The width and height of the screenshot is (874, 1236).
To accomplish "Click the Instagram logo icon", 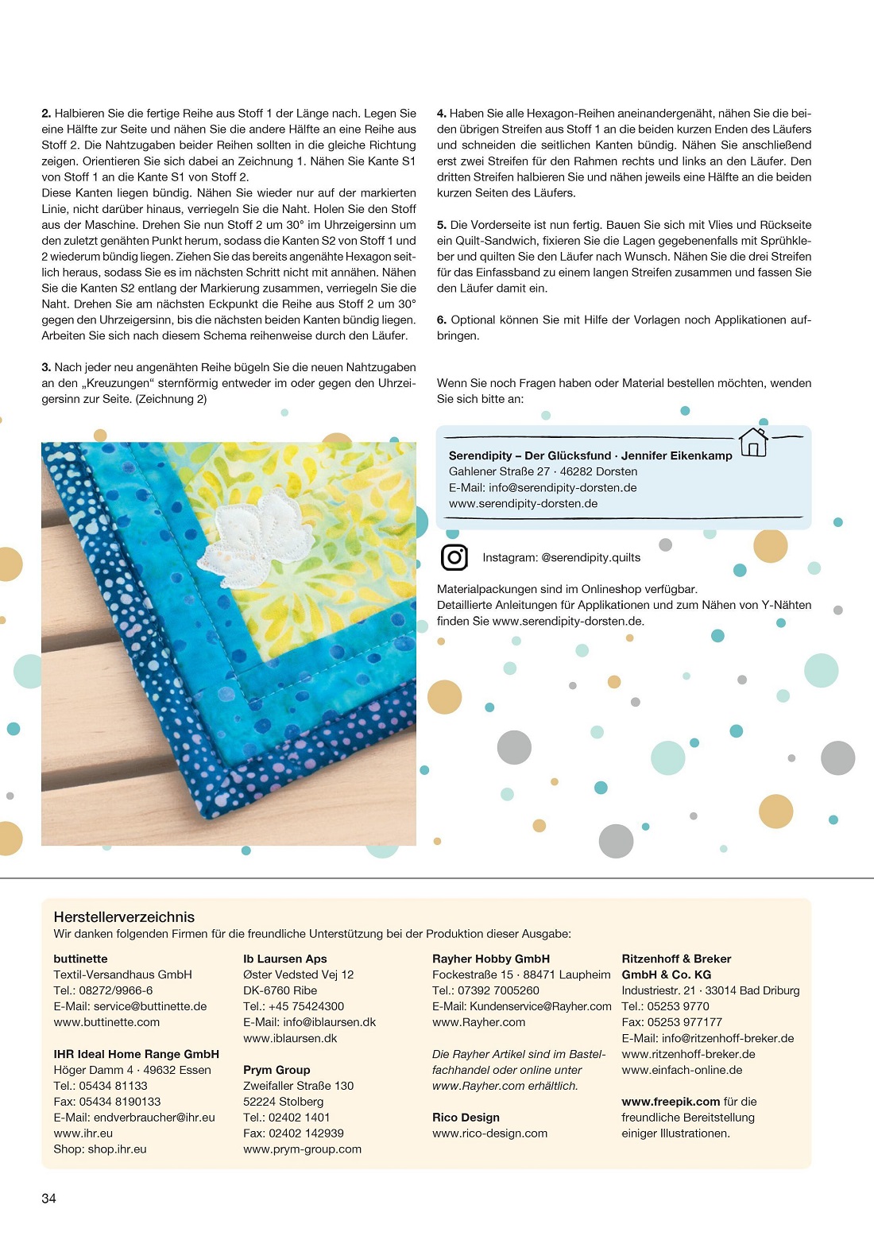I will pos(454,557).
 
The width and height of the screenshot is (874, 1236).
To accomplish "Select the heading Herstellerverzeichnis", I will pos(124,916).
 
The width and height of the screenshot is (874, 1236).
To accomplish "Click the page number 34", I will pos(48,1198).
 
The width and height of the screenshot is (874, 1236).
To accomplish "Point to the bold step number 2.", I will pos(46,114).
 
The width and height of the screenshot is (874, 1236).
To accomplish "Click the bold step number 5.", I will pos(441,225).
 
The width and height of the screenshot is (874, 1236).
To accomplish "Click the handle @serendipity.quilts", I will pos(590,557).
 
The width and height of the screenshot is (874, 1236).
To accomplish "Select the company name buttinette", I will pos(80,959).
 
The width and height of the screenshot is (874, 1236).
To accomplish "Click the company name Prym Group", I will pos(277,1070).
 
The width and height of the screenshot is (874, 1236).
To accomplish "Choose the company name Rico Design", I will pos(466,1118).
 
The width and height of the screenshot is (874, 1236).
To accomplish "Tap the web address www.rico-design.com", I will pos(489,1133).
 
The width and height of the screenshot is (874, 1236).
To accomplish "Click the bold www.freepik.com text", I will pos(671,1102).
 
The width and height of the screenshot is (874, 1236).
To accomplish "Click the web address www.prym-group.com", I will pos(302,1149).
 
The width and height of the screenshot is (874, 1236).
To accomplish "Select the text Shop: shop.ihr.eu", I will pos(100,1149).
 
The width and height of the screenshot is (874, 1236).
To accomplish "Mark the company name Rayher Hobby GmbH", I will pos(491,959).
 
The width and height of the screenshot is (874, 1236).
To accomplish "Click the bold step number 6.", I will pos(441,320).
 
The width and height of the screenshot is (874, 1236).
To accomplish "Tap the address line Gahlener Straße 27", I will pos(498,471).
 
